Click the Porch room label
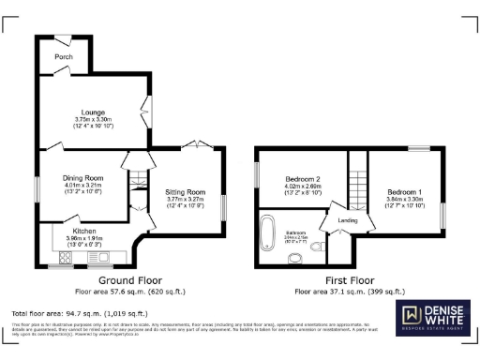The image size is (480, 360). pyautogui.click(x=64, y=57)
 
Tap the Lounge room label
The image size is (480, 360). pyautogui.click(x=92, y=112)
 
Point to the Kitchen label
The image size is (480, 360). pyautogui.click(x=84, y=230)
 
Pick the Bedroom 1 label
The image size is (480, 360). pyautogui.click(x=405, y=191)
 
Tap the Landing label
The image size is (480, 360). pyautogui.click(x=348, y=221)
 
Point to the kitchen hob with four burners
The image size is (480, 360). pyautogui.click(x=97, y=254)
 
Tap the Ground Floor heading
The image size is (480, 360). pyautogui.click(x=130, y=280)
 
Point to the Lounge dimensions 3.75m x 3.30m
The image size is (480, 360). pyautogui.click(x=93, y=120)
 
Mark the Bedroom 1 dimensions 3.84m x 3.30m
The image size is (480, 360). pyautogui.click(x=405, y=199)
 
